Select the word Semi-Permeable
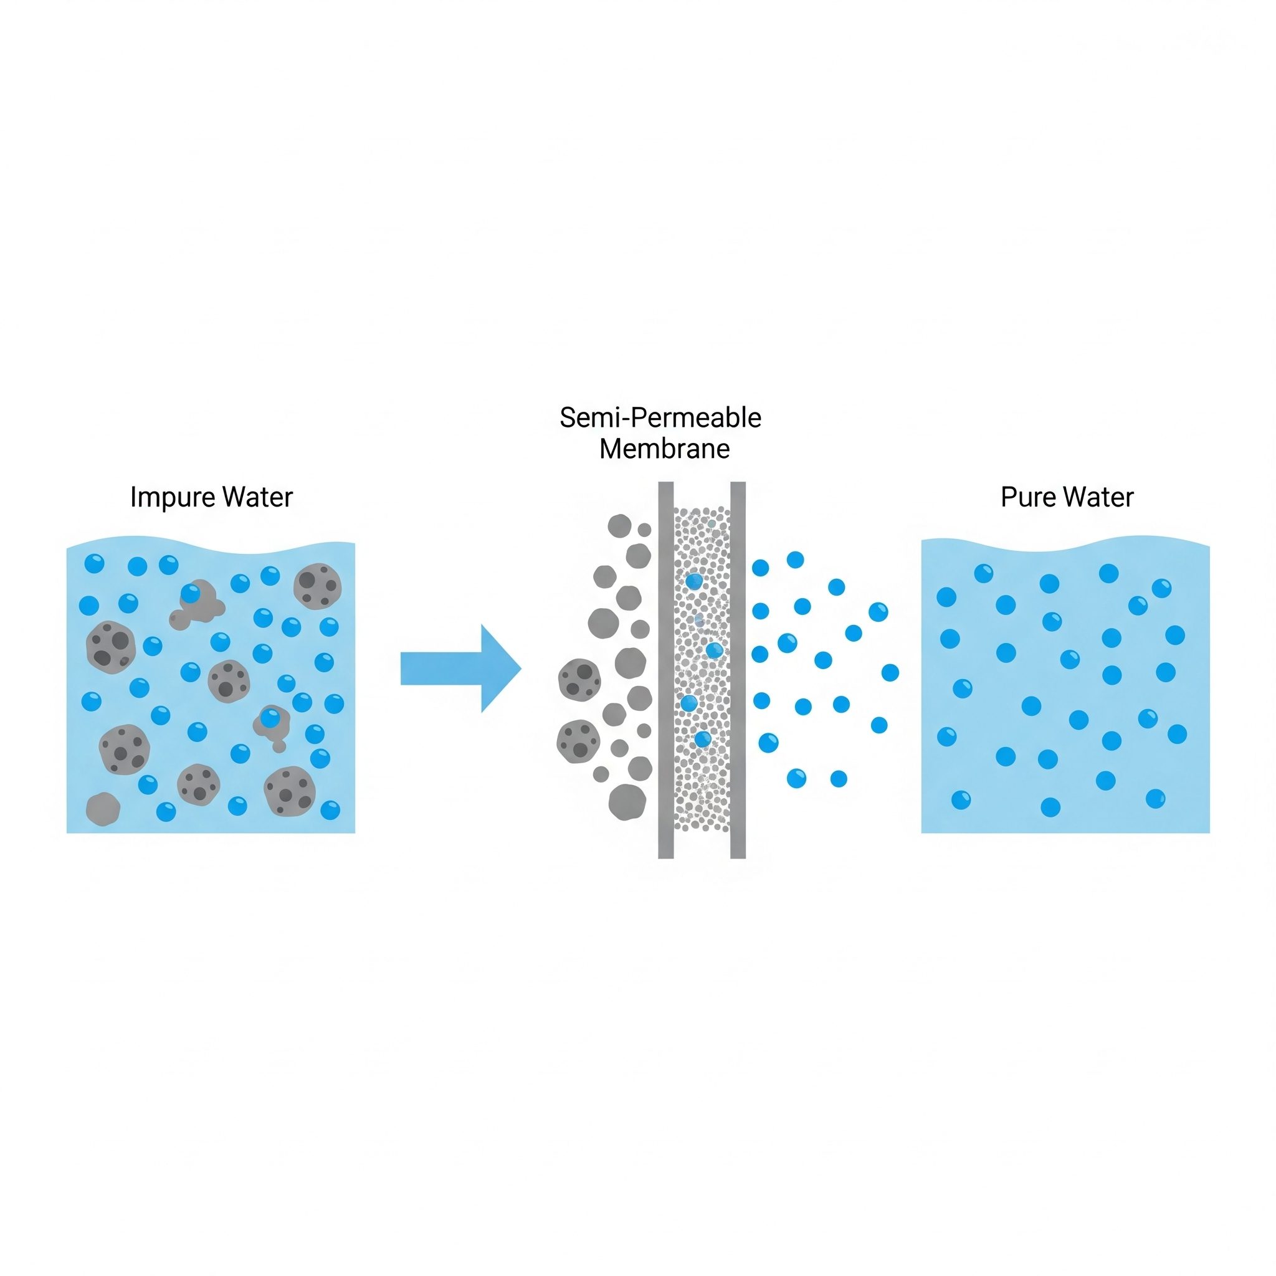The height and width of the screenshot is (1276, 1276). click(x=660, y=418)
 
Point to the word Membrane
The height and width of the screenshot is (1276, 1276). click(x=664, y=449)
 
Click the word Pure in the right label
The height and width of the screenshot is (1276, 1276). click(x=1027, y=497)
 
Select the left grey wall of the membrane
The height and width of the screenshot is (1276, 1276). click(x=666, y=670)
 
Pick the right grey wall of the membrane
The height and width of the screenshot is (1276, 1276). click(x=738, y=670)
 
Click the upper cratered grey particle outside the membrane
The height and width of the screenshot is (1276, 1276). click(x=579, y=680)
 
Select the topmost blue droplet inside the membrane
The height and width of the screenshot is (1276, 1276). click(x=693, y=581)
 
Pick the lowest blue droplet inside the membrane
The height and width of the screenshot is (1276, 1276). click(x=703, y=739)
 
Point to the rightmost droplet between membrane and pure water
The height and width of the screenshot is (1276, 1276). click(x=890, y=672)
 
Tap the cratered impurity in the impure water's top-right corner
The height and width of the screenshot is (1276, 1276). click(x=317, y=585)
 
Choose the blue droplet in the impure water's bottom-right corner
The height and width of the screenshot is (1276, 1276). click(x=330, y=810)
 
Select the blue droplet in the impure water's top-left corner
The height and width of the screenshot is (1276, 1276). click(x=95, y=563)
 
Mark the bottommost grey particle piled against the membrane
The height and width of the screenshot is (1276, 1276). click(x=627, y=802)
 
